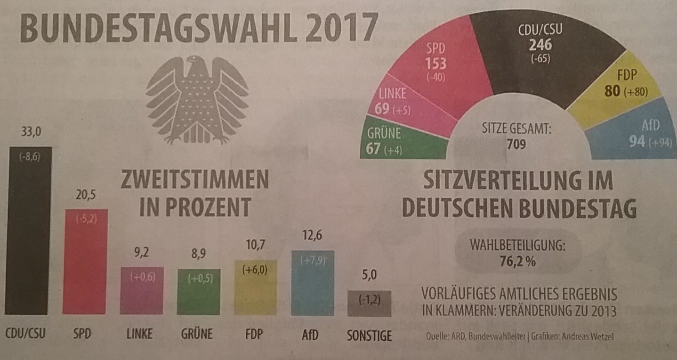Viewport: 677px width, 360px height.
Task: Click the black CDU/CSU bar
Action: pyautogui.click(x=30, y=231)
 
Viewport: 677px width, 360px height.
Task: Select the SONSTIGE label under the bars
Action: pyautogui.click(x=369, y=335)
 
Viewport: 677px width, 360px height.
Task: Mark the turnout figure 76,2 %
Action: pyautogui.click(x=516, y=262)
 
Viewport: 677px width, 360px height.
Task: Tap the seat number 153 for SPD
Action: pyautogui.click(x=435, y=64)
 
